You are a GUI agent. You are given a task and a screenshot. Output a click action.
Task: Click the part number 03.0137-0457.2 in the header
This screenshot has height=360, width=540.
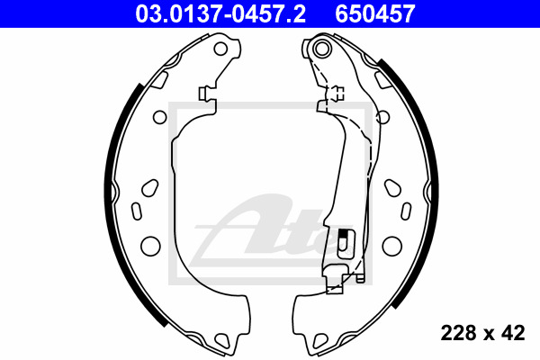coord(220,13)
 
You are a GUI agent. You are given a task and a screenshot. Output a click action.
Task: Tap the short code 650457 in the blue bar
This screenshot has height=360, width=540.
coord(375,13)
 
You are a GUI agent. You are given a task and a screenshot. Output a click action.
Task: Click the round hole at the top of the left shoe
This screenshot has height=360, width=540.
coord(220,49)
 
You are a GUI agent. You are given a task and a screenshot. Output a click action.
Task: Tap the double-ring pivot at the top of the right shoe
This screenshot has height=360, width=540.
coord(321,49)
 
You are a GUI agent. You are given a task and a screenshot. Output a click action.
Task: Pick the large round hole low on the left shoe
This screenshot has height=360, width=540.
coord(150,246)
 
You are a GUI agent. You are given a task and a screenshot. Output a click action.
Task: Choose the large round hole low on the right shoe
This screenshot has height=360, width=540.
coord(391,246)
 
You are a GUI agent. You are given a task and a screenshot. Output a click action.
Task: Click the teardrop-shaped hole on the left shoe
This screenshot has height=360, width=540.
coord(150,188)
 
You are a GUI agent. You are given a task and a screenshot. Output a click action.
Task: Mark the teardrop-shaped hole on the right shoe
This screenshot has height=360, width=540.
coord(393,188)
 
